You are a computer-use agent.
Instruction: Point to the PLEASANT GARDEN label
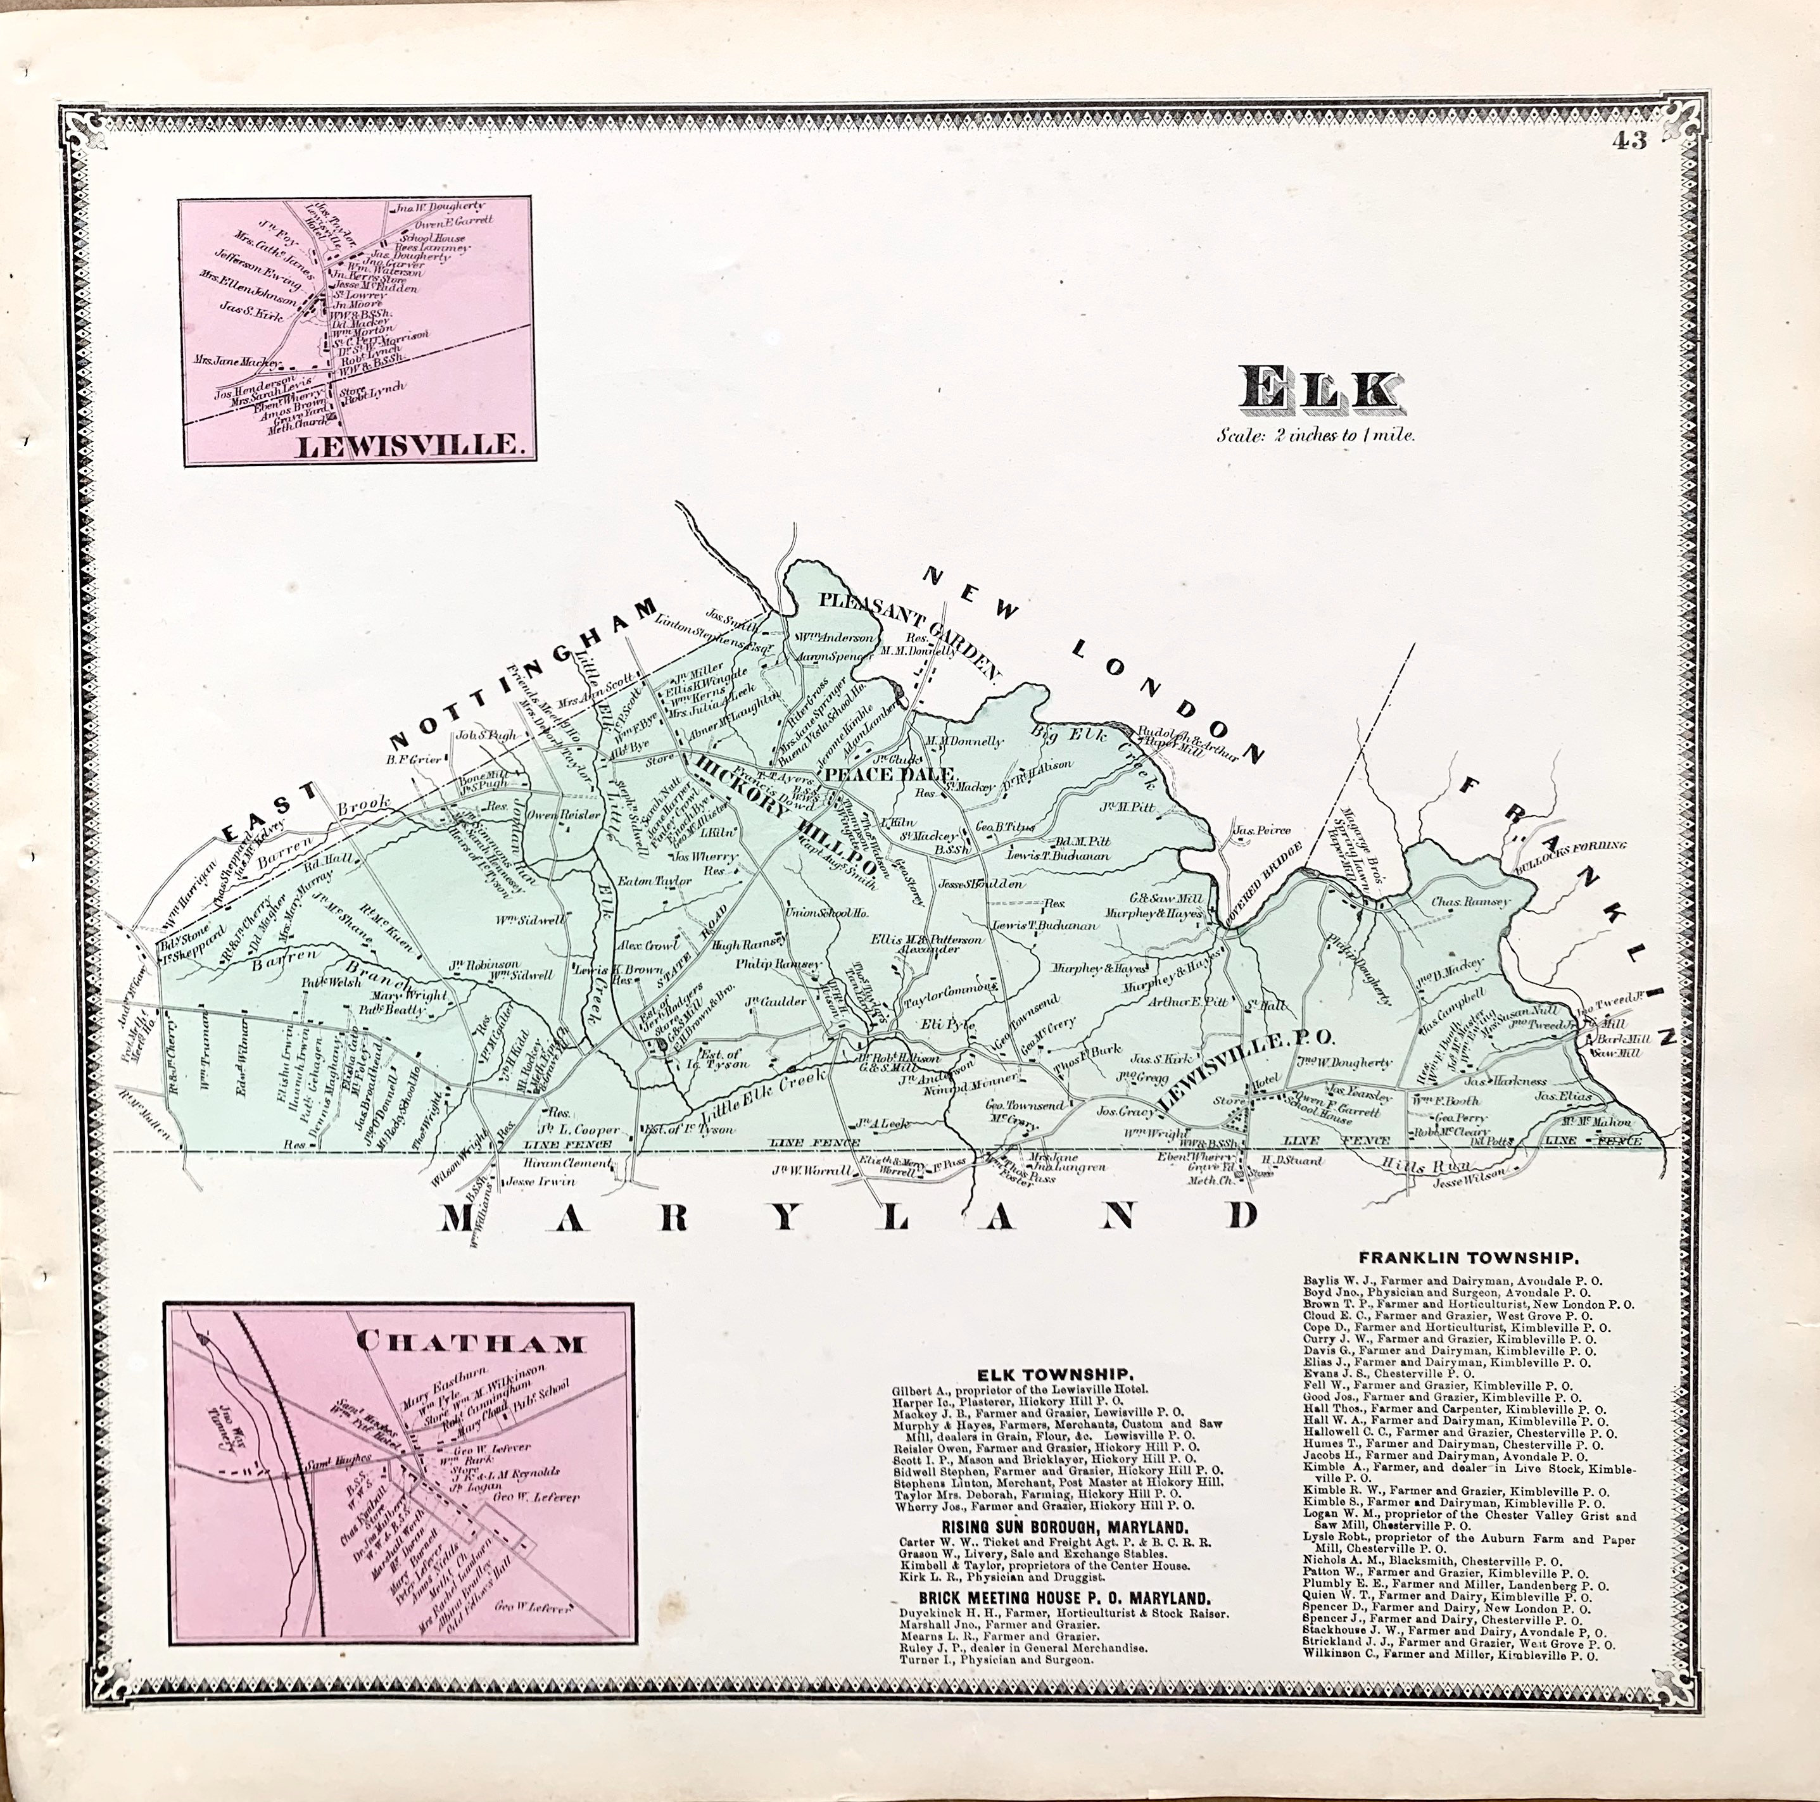point(904,629)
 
